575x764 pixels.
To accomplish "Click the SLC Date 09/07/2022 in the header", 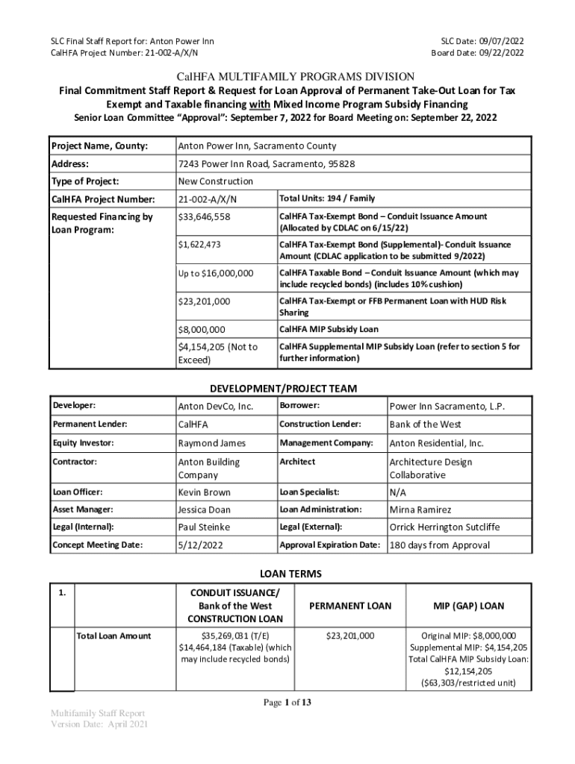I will [x=482, y=40].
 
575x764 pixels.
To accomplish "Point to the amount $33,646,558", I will [x=204, y=217].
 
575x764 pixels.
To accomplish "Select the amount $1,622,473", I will [x=199, y=245].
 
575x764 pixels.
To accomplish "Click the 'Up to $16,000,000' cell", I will [x=216, y=274].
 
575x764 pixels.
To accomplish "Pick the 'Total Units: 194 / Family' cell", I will [x=327, y=198].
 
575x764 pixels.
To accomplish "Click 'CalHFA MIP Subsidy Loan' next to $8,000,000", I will [x=329, y=329].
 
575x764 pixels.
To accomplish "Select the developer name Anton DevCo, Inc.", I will [x=215, y=407].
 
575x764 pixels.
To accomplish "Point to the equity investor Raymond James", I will [x=211, y=443].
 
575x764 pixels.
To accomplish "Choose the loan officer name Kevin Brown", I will [x=204, y=492].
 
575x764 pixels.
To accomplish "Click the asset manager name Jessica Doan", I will [x=204, y=510].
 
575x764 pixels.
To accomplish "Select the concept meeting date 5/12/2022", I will [x=199, y=545].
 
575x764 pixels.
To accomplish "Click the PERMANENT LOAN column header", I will [x=350, y=606].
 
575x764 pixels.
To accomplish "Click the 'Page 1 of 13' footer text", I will [x=287, y=702].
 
